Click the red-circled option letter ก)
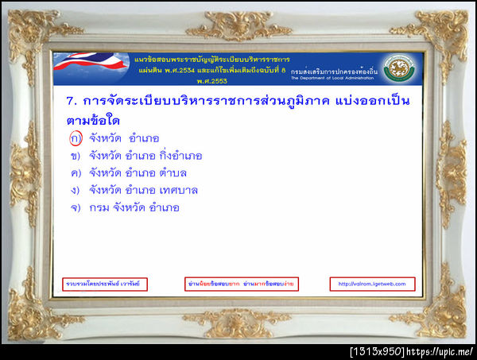point(76,138)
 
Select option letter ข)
point(76,156)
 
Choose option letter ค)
point(76,173)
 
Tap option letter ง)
point(76,191)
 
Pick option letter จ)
point(76,208)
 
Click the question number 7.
point(70,103)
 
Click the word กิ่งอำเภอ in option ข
point(181,156)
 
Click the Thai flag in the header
point(87,68)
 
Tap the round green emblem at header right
point(397,68)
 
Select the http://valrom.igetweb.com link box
point(372,284)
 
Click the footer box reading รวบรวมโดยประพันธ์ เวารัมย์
point(105,284)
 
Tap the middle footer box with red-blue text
point(242,284)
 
